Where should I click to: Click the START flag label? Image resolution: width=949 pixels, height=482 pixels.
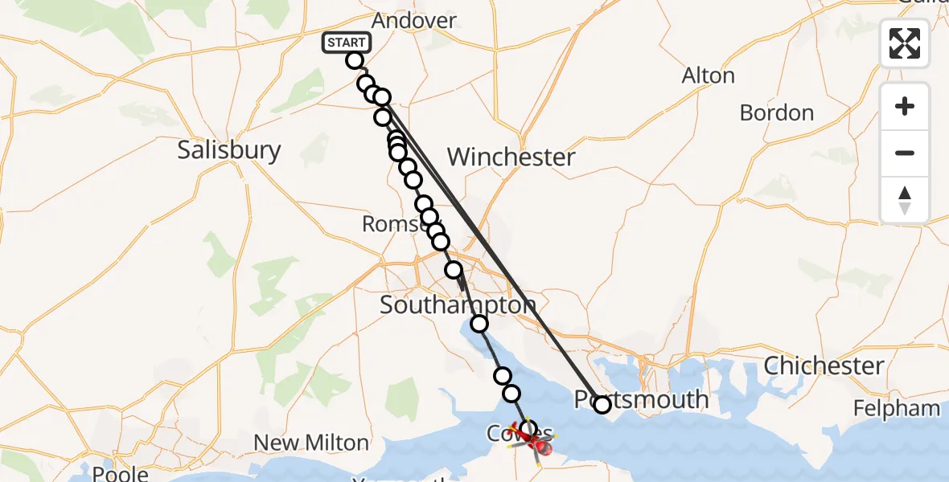point(347,43)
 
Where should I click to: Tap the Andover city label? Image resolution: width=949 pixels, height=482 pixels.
point(415,21)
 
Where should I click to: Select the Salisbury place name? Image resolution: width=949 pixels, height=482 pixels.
point(229,150)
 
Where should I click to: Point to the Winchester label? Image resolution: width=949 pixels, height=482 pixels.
point(511,157)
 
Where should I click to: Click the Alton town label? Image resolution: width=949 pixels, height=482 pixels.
point(708,76)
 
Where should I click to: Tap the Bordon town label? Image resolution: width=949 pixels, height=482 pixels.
point(776,112)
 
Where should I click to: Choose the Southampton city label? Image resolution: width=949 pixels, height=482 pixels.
point(458,305)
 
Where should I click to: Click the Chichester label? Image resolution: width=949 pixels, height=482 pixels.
point(824,366)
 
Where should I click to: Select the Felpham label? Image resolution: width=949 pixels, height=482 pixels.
point(896,408)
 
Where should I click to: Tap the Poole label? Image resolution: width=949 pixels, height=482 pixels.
point(121,473)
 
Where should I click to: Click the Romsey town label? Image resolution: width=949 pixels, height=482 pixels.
point(396,224)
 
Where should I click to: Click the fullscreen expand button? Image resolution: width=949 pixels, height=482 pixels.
point(905,43)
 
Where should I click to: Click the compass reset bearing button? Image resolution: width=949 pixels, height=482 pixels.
point(905,200)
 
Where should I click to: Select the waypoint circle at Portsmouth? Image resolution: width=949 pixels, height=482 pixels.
point(602,404)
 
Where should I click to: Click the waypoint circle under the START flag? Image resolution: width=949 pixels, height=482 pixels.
point(355,60)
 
